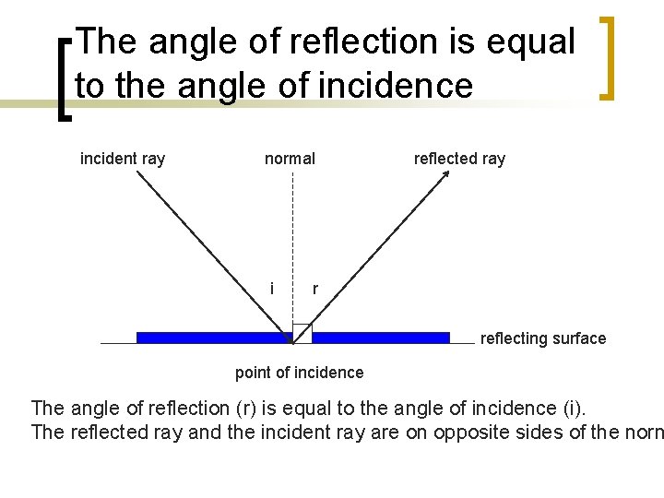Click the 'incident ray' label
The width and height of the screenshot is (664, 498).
click(123, 159)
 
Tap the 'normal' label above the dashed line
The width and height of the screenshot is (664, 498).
click(290, 159)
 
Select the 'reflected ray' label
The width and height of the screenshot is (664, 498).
click(459, 159)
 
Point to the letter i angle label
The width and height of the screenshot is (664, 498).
click(271, 288)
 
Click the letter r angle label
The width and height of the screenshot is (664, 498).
click(315, 289)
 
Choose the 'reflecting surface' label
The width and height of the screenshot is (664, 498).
click(542, 338)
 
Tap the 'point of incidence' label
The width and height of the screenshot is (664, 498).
click(299, 373)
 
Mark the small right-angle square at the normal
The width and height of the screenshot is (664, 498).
click(302, 333)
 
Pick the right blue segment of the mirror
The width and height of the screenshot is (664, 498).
click(381, 338)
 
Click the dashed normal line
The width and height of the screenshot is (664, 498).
click(292, 240)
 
